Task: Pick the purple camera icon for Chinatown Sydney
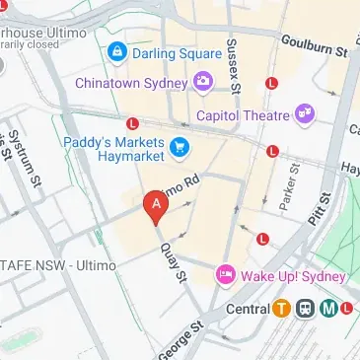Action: coord(204,80)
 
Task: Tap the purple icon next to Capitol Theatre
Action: coord(305,113)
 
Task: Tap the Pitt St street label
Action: coord(318,208)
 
